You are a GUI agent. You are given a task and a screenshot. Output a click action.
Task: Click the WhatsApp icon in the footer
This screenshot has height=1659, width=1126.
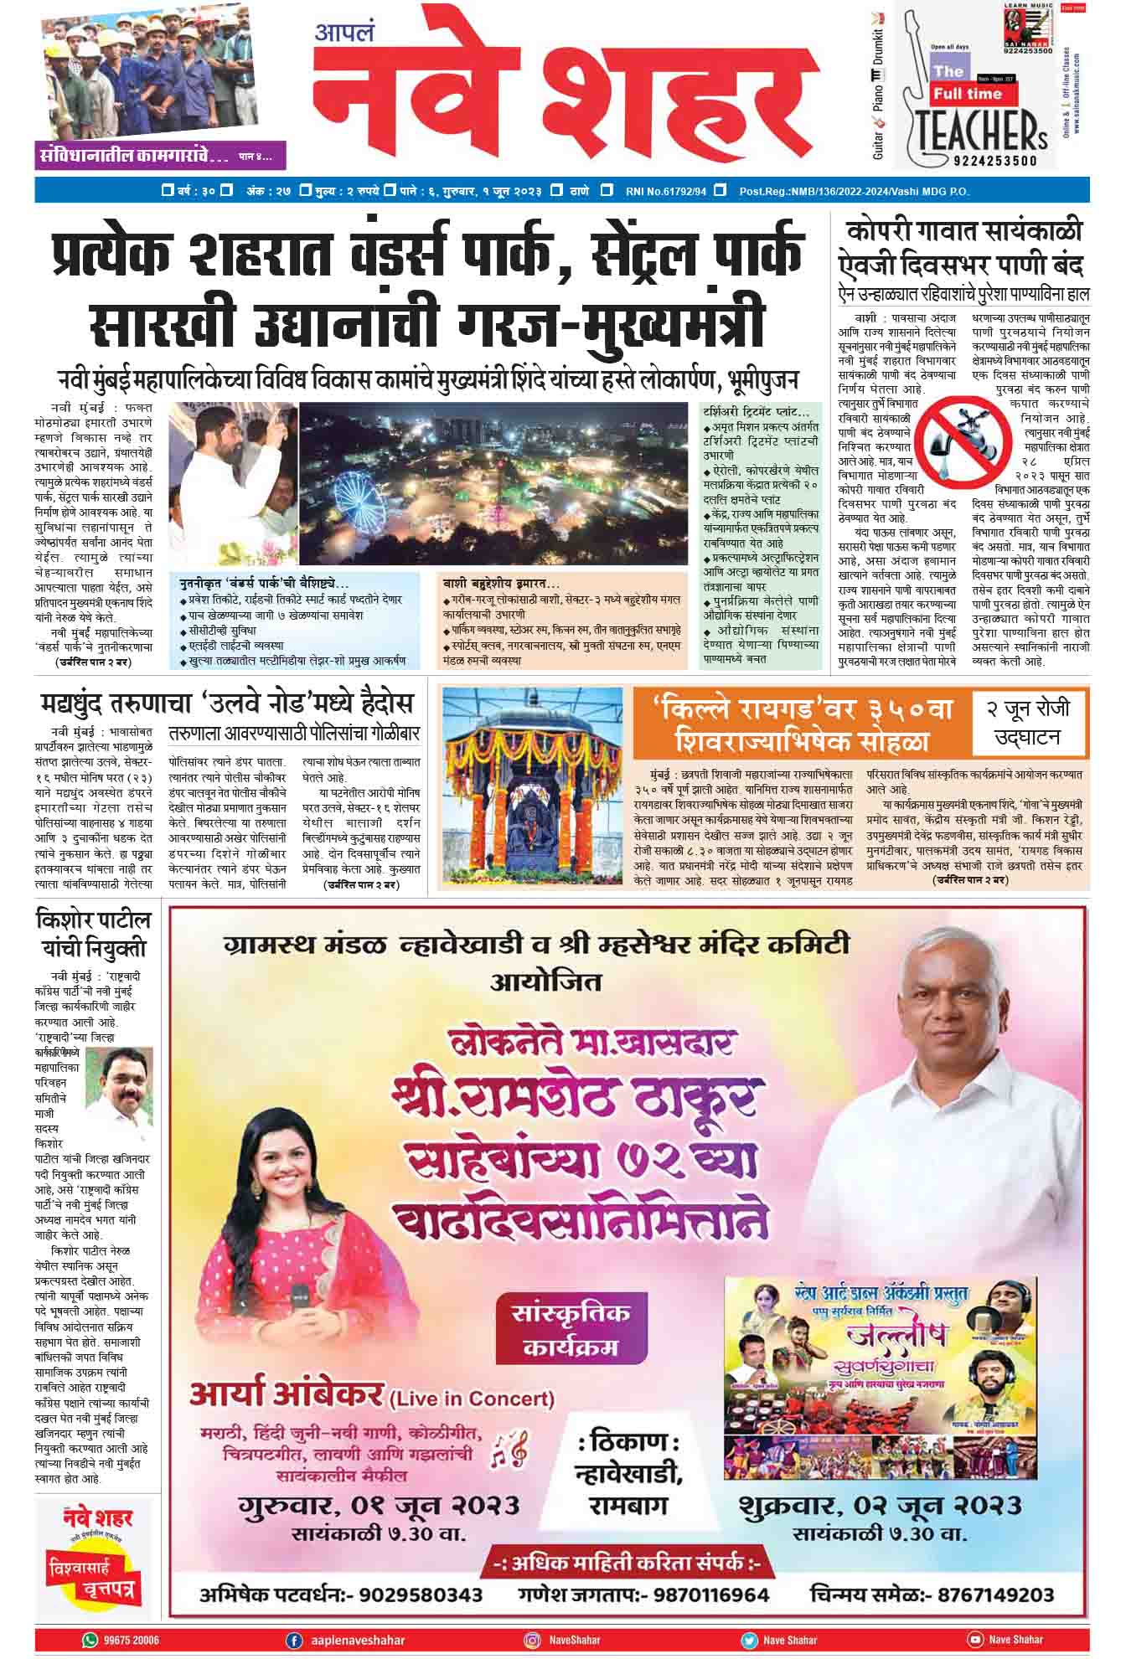click(x=90, y=1639)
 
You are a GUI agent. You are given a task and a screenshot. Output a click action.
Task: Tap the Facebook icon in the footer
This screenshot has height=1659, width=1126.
click(x=294, y=1639)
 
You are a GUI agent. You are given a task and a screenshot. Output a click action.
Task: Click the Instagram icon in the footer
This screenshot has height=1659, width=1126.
click(x=531, y=1639)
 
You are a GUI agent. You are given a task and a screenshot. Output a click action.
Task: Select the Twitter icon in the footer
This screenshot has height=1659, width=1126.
click(x=748, y=1639)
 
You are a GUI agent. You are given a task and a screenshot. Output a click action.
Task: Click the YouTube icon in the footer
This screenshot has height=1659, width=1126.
click(x=974, y=1639)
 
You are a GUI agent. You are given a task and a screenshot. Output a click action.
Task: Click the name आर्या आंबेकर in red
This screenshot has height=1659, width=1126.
click(x=287, y=1394)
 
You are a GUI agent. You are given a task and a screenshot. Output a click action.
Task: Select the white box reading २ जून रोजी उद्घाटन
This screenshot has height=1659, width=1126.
click(x=1027, y=723)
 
